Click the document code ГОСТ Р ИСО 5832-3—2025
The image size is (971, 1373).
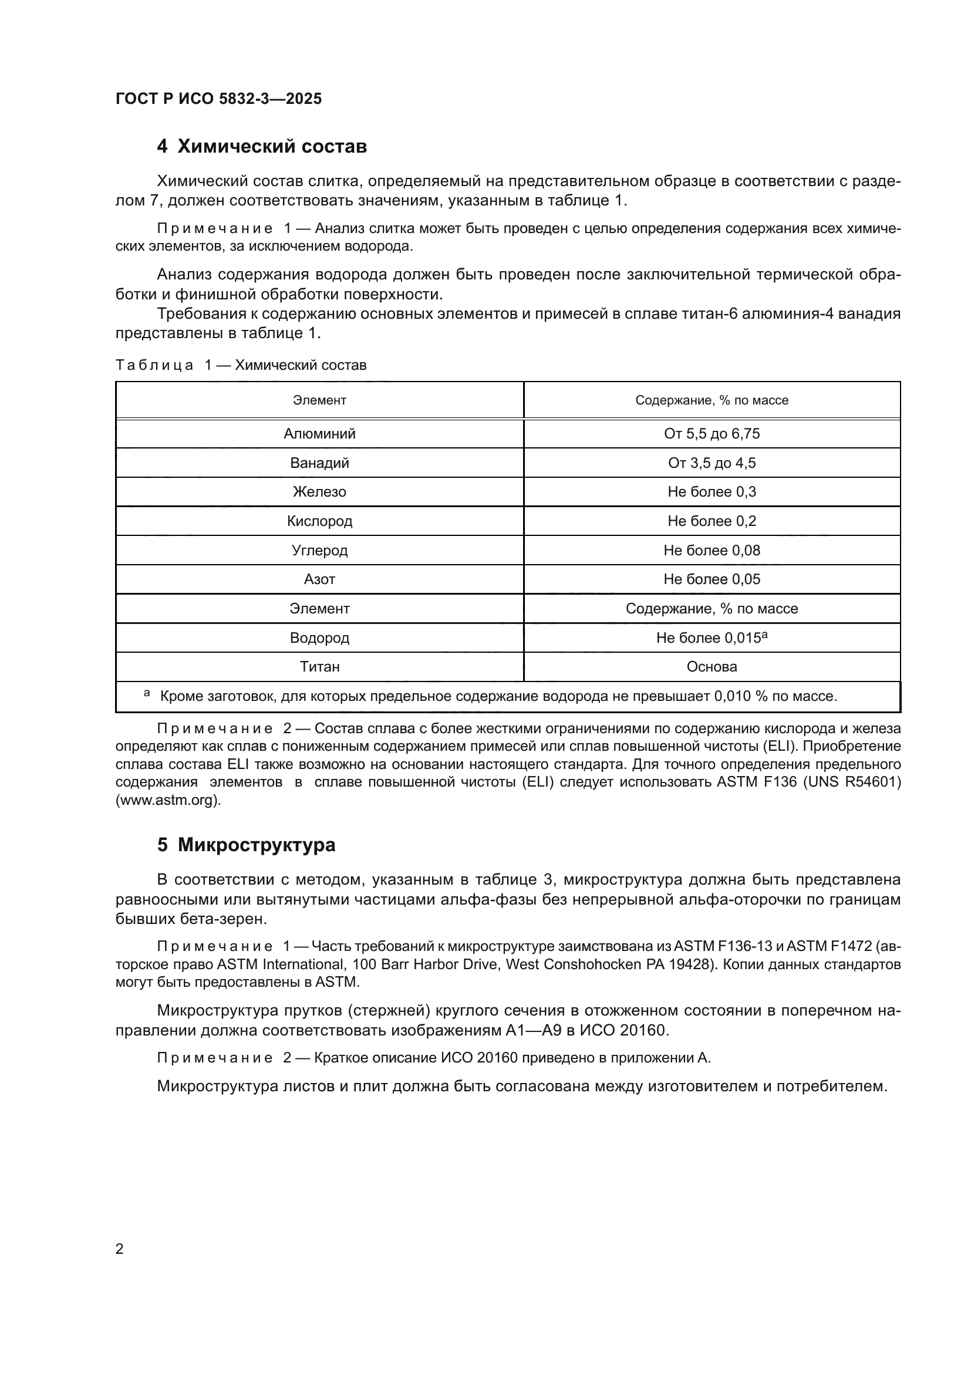(218, 99)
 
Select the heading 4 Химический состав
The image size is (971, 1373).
(262, 146)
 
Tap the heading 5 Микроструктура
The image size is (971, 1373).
(247, 844)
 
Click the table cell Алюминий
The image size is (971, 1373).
(319, 434)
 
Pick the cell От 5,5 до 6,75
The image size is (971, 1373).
(712, 434)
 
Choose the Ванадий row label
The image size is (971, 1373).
(319, 463)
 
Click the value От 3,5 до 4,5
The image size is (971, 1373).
(712, 463)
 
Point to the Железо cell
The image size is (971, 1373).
(319, 491)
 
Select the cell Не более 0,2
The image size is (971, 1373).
(712, 521)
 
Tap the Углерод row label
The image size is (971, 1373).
(319, 550)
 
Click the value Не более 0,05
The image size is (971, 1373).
(712, 579)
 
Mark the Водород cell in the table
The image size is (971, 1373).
(319, 637)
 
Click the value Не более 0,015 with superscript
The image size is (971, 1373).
(712, 637)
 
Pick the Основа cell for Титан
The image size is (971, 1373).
(712, 666)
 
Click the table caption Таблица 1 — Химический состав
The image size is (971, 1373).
(241, 365)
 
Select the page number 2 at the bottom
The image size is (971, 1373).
(120, 1249)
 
